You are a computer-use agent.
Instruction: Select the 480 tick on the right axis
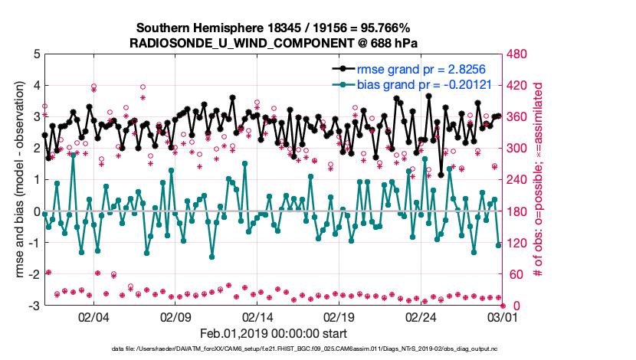(x=518, y=54)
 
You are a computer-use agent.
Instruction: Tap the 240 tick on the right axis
(x=518, y=180)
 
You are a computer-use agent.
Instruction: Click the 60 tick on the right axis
(x=515, y=274)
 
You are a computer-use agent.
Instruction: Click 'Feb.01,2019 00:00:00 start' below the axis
(x=274, y=333)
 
